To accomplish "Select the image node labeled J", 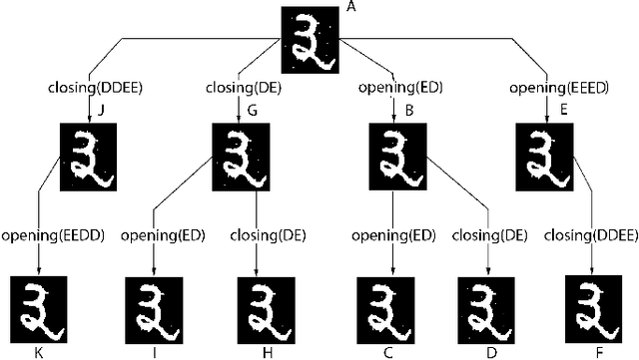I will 91,153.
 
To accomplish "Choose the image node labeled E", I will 546,153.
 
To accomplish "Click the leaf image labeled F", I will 594,309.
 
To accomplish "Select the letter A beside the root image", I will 349,8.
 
